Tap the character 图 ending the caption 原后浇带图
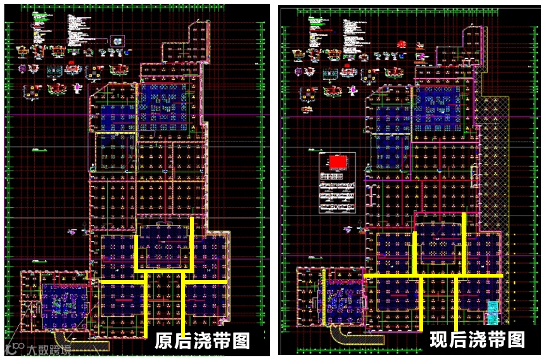pyautogui.click(x=239, y=342)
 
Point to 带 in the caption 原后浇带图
pyautogui.click(x=221, y=342)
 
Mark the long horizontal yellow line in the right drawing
pyautogui.click(x=434, y=276)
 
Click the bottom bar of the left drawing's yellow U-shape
pyautogui.click(x=164, y=270)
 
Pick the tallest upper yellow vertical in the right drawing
pyautogui.click(x=464, y=243)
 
